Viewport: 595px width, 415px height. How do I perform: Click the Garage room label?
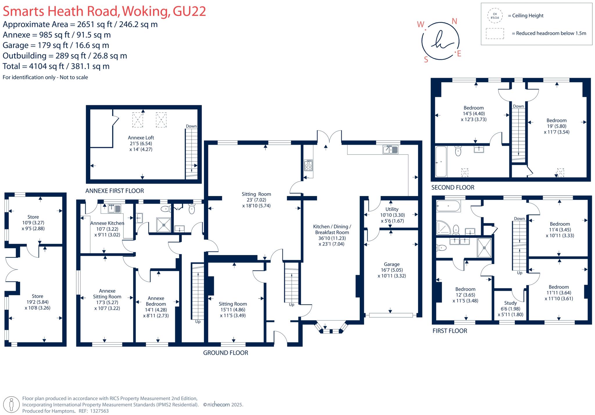point(391,264)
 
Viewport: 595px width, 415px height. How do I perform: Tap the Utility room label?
point(392,209)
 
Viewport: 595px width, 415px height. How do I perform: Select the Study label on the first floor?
point(510,303)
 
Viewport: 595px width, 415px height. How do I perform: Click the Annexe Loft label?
point(141,138)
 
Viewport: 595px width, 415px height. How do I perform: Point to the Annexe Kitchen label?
point(107,223)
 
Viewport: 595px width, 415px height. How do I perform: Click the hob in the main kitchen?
point(308,165)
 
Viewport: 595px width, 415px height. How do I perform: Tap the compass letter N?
point(454,21)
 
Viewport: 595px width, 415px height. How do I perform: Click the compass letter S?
point(426,60)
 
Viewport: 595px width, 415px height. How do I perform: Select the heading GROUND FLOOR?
point(225,353)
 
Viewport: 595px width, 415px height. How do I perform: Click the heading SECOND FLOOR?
point(453,188)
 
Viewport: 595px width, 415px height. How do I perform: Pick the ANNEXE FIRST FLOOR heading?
point(114,191)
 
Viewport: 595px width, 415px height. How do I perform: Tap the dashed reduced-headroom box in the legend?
point(495,33)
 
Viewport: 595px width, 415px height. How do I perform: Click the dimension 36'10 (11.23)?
point(332,238)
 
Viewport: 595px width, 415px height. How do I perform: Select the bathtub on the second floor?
point(441,161)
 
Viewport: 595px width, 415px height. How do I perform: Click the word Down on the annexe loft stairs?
point(191,126)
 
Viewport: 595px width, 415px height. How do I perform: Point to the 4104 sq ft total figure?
point(46,66)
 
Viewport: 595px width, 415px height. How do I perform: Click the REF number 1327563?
point(99,411)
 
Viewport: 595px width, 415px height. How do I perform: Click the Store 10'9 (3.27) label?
point(33,222)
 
